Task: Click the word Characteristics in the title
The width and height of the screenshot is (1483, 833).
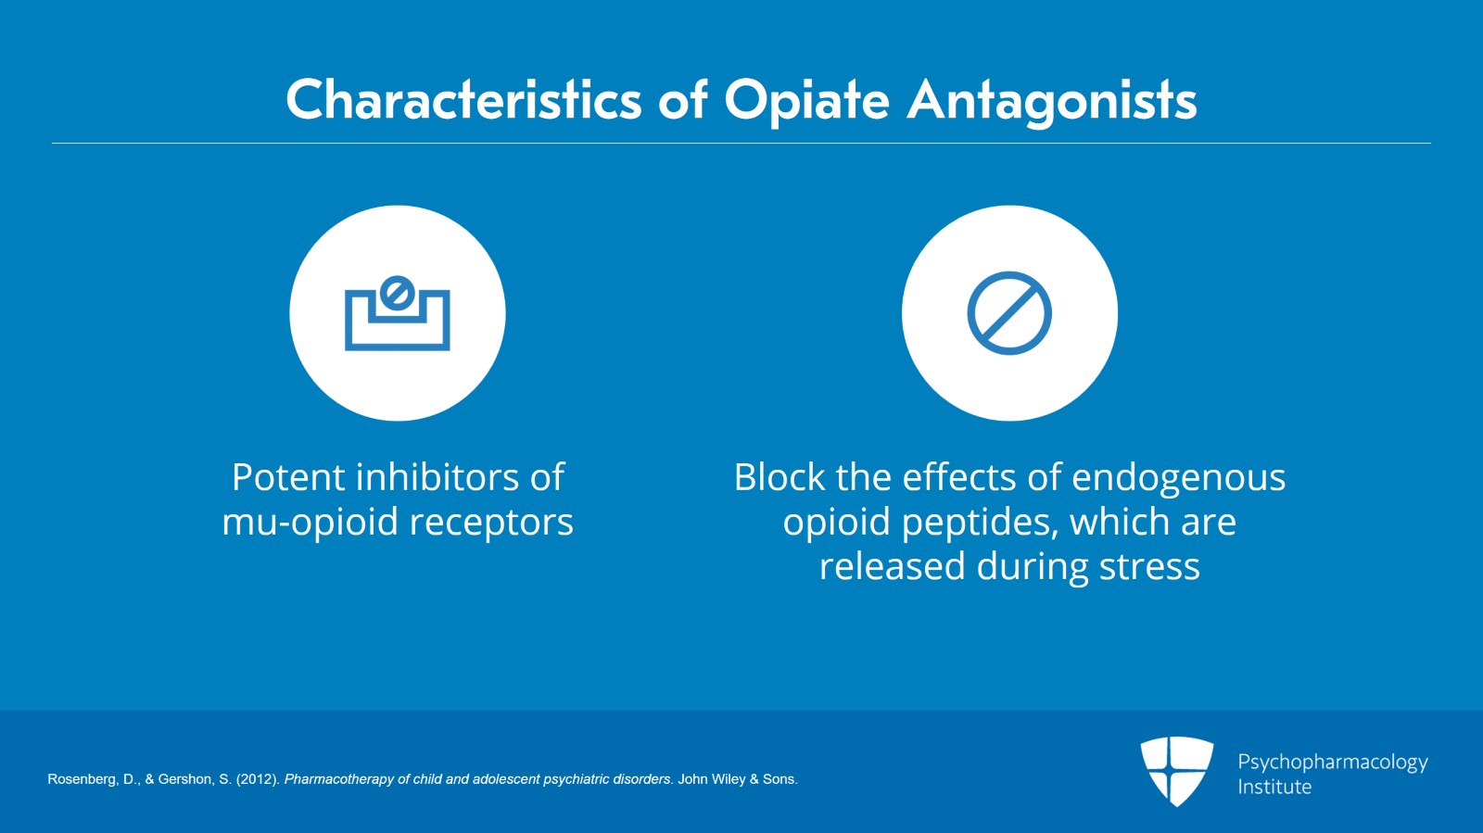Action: (463, 100)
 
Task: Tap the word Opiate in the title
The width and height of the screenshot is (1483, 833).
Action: (806, 102)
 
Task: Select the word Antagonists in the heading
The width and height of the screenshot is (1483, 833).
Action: (1051, 102)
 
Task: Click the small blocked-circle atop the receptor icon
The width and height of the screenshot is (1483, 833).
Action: (398, 293)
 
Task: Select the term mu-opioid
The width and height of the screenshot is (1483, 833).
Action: (311, 522)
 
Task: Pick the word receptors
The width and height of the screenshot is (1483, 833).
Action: (491, 524)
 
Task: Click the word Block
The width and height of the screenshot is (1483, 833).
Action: (780, 477)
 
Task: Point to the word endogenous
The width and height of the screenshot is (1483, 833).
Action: (1178, 478)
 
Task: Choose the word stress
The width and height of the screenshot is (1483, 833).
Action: (1149, 567)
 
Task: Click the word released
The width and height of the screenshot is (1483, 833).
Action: (893, 566)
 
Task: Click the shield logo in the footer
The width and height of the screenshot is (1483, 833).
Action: (1176, 771)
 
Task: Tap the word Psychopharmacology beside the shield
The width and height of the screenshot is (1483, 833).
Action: (1333, 763)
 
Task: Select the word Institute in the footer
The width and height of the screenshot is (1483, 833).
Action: (1274, 787)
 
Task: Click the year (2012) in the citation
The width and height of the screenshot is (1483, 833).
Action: (259, 779)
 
